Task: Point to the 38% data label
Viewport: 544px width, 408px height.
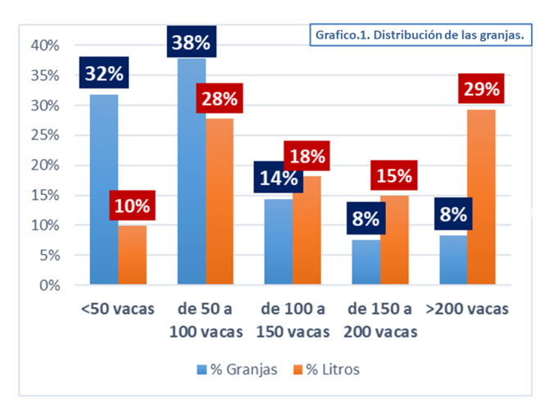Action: (193, 41)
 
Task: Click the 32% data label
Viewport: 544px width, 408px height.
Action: (104, 72)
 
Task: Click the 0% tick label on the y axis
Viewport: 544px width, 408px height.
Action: (51, 285)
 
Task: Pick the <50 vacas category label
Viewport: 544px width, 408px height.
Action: (118, 310)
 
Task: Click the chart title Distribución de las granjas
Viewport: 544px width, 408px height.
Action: (419, 36)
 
